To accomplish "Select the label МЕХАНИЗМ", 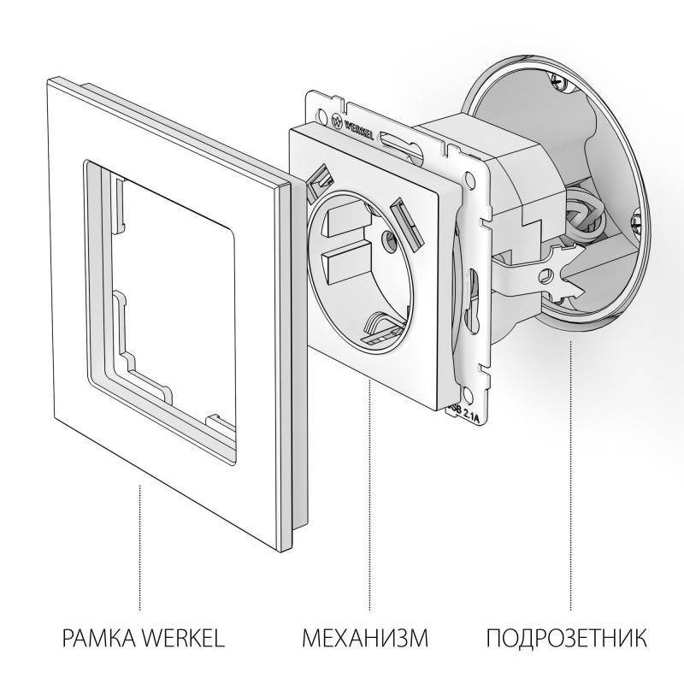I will tap(364, 639).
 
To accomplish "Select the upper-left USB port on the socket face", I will tap(321, 179).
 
